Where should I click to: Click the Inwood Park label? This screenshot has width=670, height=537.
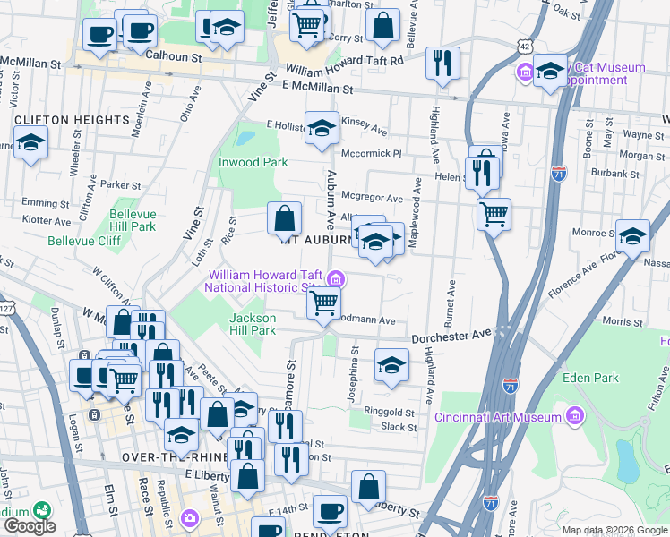point(253,162)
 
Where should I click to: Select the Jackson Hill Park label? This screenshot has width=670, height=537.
point(253,324)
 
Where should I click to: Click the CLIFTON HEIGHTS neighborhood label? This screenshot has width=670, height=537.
point(60,120)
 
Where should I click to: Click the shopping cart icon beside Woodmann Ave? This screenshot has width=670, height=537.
point(323,303)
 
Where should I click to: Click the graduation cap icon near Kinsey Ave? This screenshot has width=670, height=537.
point(322,127)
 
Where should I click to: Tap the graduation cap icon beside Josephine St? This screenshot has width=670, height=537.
point(391,364)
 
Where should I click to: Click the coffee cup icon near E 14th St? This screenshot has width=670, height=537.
point(330,511)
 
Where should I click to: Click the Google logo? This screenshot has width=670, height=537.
point(30,526)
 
